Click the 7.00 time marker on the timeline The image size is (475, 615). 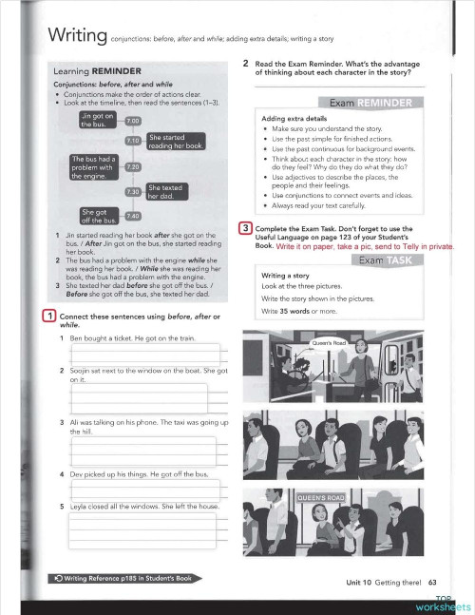coord(132,121)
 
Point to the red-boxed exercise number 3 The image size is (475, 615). coord(245,228)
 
